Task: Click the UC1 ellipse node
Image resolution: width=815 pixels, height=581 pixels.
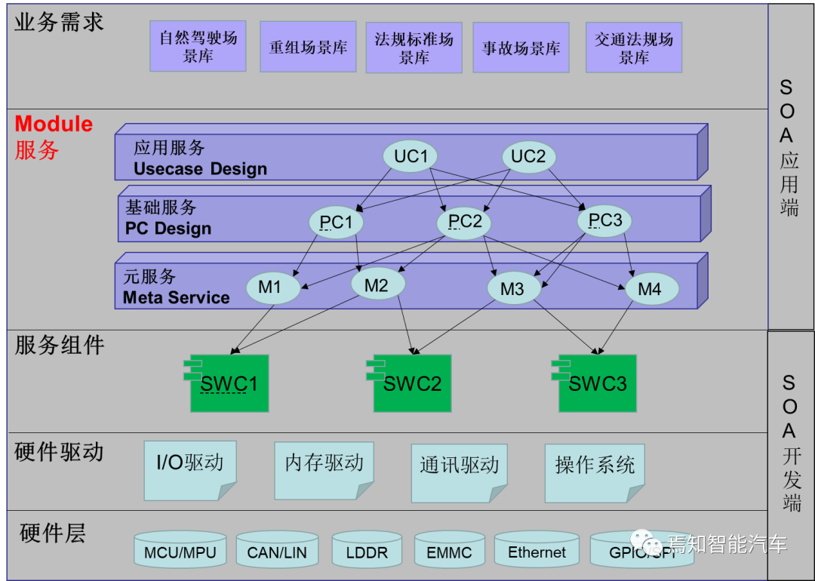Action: (411, 156)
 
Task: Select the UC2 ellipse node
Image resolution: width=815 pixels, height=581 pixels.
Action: (528, 156)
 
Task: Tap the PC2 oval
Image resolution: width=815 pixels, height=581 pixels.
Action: (464, 222)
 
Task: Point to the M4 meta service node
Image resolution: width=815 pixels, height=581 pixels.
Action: (651, 289)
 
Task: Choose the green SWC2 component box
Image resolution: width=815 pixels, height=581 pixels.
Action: (412, 383)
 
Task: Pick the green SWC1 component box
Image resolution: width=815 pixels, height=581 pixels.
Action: (229, 383)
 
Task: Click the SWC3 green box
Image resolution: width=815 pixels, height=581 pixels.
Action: (597, 383)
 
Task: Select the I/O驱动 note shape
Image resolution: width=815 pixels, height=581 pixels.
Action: (190, 470)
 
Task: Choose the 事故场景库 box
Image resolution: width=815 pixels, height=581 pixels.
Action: (521, 48)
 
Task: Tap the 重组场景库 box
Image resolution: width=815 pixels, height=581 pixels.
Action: (308, 47)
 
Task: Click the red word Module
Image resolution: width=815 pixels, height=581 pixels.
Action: (54, 124)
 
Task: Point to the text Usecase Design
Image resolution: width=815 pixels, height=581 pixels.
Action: (200, 168)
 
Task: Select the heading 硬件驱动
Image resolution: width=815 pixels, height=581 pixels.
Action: (59, 453)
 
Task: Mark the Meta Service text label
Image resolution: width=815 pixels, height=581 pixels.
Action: (176, 297)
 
